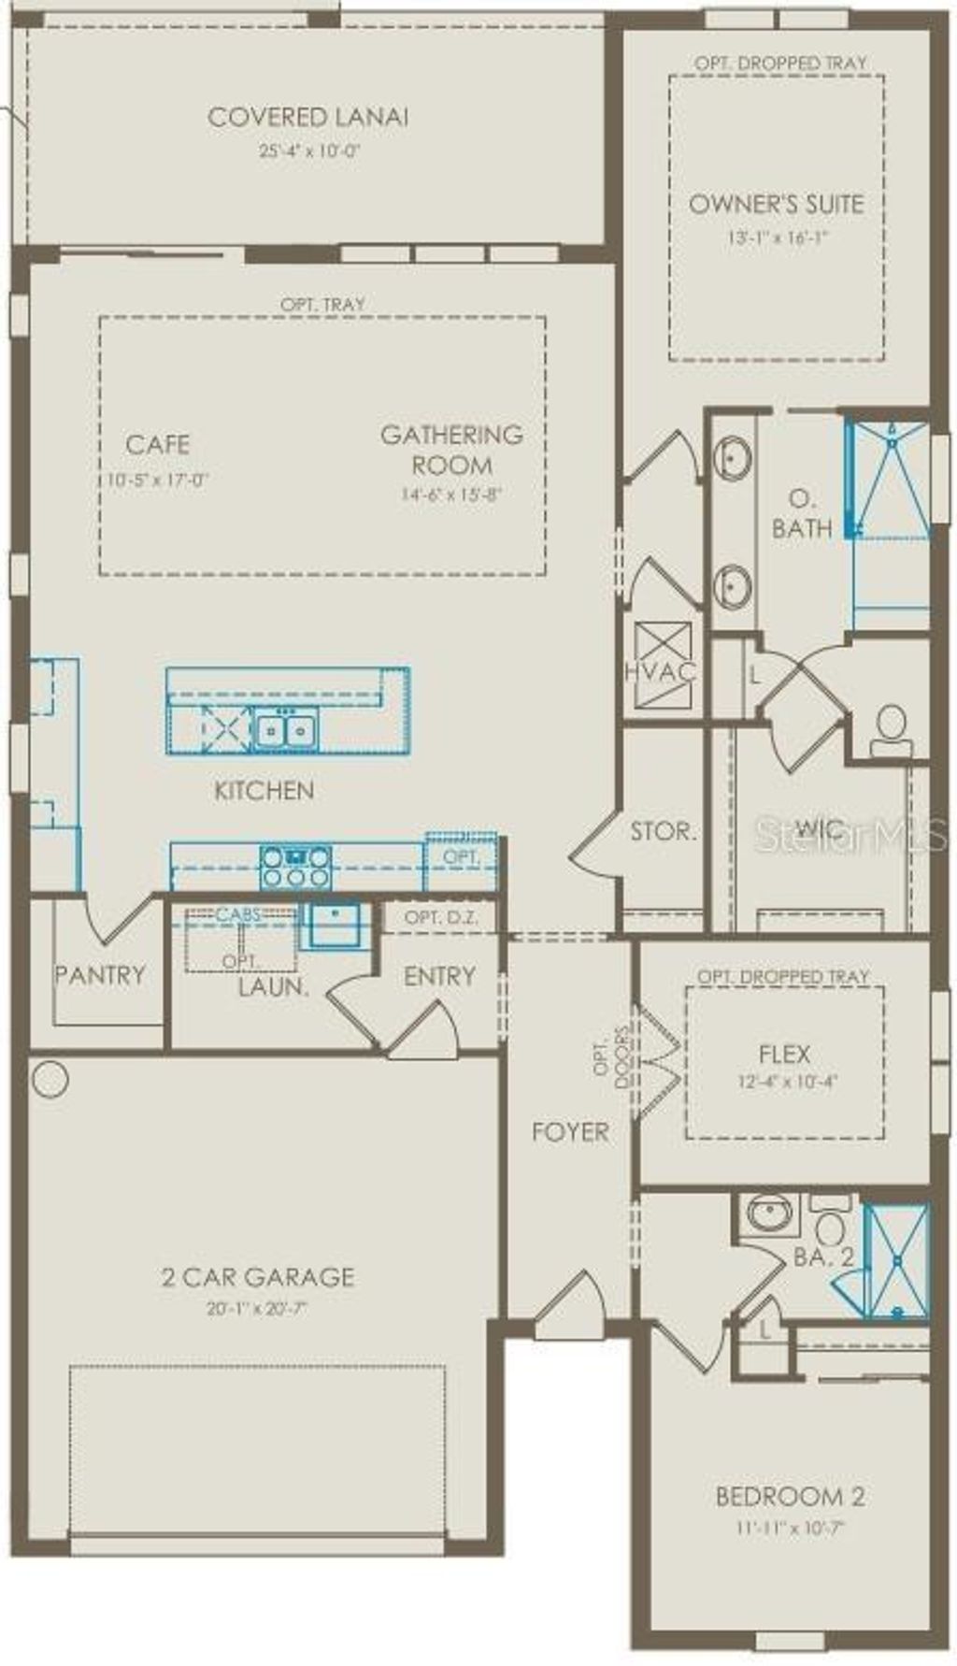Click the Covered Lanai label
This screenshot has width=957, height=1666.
point(307,118)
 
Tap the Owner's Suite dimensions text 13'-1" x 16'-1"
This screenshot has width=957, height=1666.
point(778,237)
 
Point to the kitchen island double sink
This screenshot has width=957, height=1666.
point(284,729)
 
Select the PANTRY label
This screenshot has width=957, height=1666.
point(99,975)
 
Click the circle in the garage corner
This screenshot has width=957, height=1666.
point(50,1078)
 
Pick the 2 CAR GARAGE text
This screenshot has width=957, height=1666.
point(258,1277)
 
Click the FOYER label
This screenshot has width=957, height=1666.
point(570,1132)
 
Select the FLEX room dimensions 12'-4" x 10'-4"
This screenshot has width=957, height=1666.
point(784,1082)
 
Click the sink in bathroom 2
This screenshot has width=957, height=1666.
point(771,1214)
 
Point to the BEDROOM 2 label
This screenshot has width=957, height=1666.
point(790,1497)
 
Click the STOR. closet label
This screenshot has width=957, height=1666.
point(663,831)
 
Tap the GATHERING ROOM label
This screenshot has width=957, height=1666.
point(451,450)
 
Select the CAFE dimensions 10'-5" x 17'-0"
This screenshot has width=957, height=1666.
point(157,481)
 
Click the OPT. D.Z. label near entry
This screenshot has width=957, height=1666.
point(441,918)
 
